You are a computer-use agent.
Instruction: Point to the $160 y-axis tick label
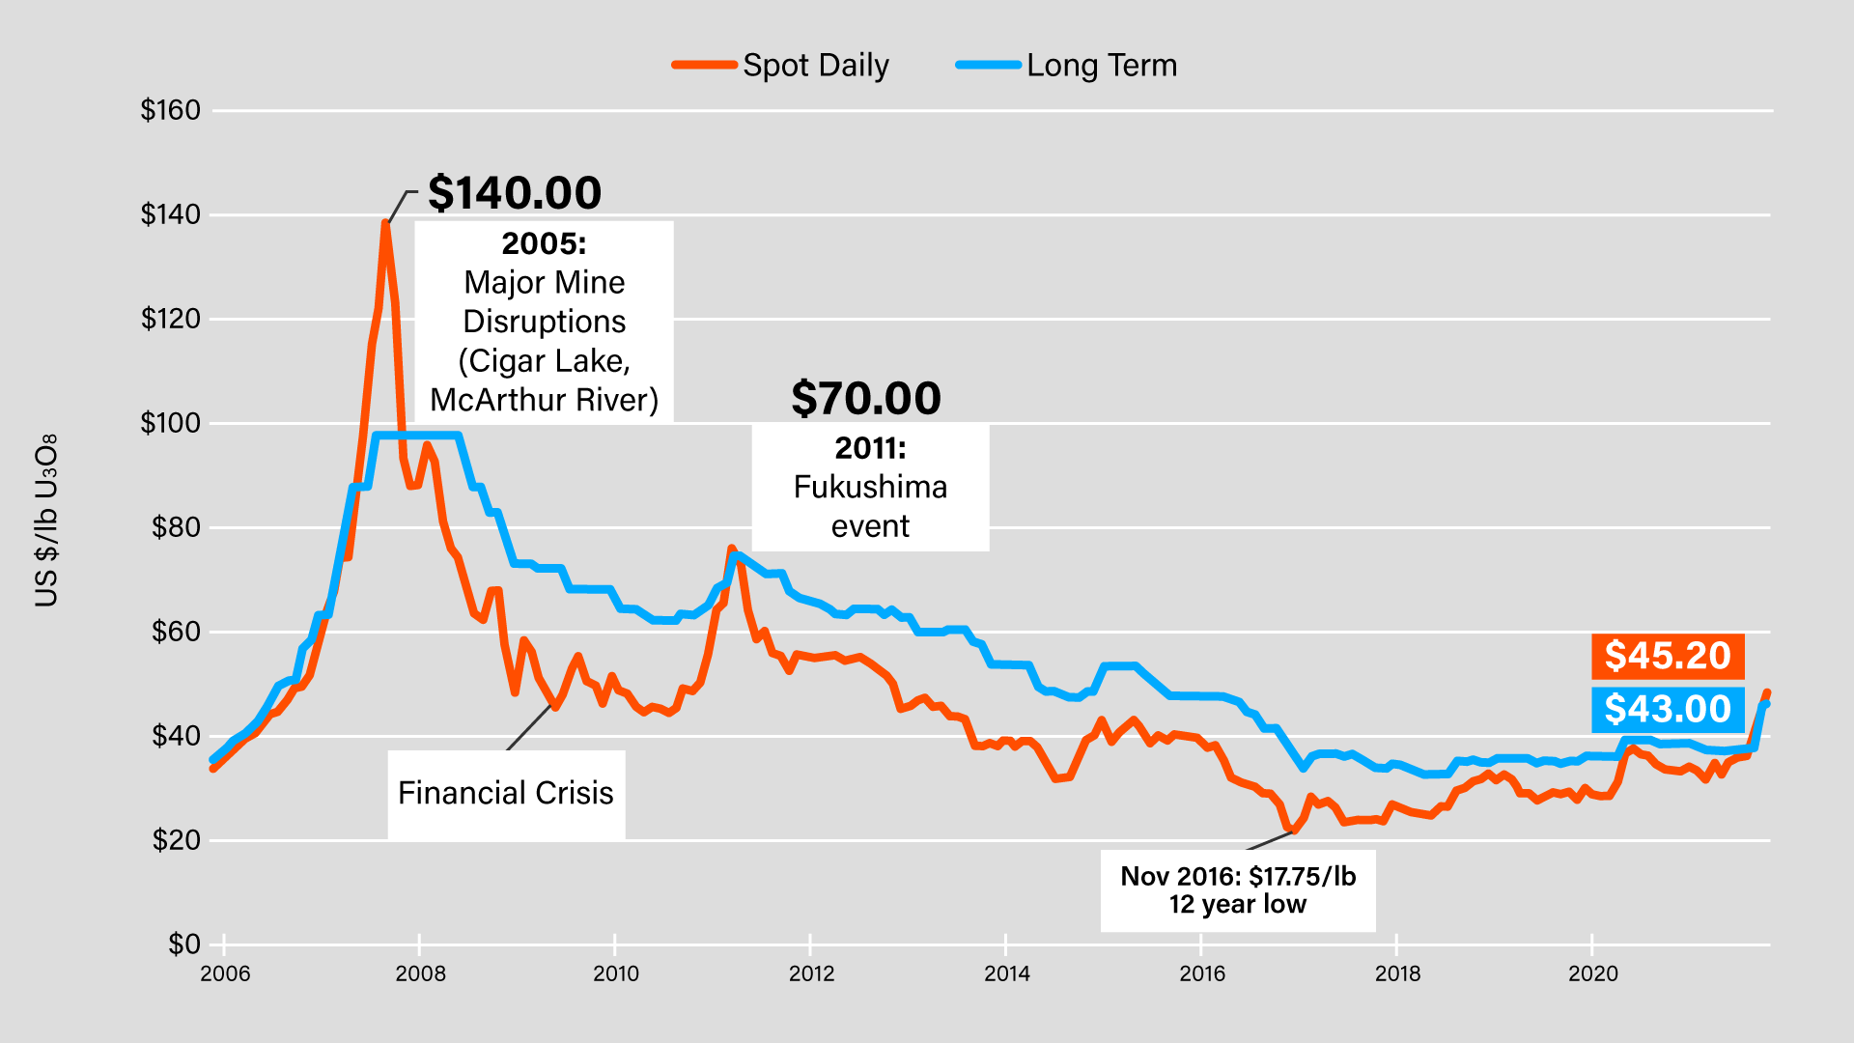pyautogui.click(x=171, y=110)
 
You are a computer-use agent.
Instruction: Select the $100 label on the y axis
pyautogui.click(x=171, y=423)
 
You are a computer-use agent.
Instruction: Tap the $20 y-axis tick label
pyautogui.click(x=177, y=840)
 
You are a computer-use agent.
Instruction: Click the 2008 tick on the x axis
pyautogui.click(x=420, y=973)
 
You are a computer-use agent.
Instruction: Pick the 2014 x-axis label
pyautogui.click(x=1006, y=973)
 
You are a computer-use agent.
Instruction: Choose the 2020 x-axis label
pyautogui.click(x=1592, y=973)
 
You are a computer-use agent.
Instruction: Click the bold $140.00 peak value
pyautogui.click(x=515, y=193)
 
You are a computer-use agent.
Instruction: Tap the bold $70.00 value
pyautogui.click(x=866, y=399)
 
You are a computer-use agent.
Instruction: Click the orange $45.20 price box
pyautogui.click(x=1668, y=656)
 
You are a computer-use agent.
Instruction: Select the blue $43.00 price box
pyautogui.click(x=1668, y=709)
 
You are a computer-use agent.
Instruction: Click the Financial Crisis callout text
pyautogui.click(x=506, y=793)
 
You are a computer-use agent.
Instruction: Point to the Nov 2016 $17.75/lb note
pyautogui.click(x=1238, y=889)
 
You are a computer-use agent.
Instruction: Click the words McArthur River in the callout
pyautogui.click(x=545, y=400)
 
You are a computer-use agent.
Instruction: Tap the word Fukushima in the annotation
pyautogui.click(x=870, y=487)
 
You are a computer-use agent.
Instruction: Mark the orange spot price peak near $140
pyautogui.click(x=385, y=224)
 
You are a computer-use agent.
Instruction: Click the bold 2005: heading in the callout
pyautogui.click(x=544, y=243)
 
